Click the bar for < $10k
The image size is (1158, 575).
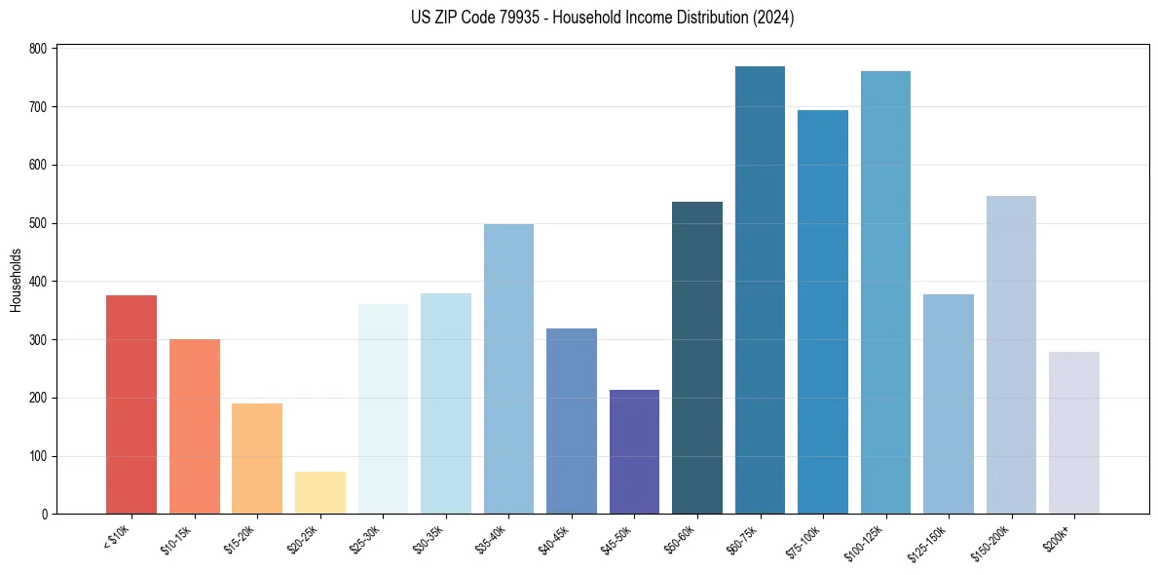131,404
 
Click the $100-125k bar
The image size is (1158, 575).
885,292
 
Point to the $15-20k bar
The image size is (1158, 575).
257,459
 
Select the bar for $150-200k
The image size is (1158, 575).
1011,355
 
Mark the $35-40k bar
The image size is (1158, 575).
508,369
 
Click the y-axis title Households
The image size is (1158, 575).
16,280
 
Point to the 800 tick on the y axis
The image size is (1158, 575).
39,49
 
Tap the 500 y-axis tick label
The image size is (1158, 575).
39,223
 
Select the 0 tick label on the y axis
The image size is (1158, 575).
45,515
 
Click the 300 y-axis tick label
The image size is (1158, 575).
39,340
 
